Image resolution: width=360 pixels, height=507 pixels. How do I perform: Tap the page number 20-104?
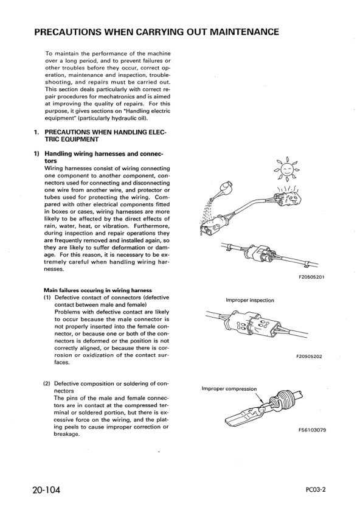pos(46,490)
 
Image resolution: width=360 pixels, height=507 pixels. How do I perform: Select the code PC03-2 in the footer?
pos(316,489)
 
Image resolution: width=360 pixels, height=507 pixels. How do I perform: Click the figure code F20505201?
pos(311,277)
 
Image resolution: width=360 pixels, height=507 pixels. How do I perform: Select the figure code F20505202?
pos(309,356)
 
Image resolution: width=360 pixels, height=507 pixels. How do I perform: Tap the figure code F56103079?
pos(312,430)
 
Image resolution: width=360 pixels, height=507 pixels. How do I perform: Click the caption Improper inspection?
pos(250,300)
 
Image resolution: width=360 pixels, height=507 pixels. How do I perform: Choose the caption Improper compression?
pos(229,389)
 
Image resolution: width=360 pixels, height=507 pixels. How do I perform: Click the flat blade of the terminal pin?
pos(241,418)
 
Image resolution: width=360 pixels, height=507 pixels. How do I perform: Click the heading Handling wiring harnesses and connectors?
pos(103,157)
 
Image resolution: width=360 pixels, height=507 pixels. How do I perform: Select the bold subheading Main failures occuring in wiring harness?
pos(98,290)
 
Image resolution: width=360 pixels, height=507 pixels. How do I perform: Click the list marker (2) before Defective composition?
pos(47,384)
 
